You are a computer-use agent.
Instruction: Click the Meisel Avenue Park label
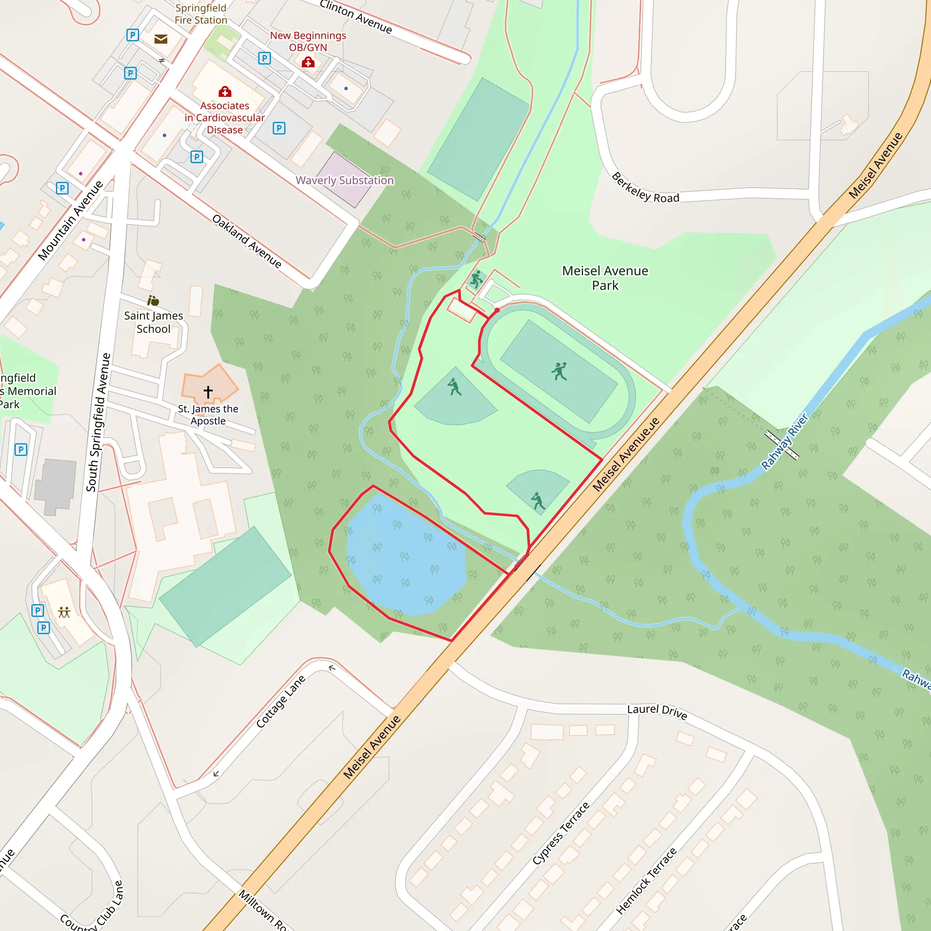605,278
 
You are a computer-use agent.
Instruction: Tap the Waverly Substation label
345,180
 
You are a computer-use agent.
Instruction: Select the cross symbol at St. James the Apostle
208,392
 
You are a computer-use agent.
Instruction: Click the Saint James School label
153,322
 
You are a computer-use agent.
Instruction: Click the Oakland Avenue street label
247,241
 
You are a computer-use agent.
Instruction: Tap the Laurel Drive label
657,711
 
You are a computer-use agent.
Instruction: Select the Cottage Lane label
280,701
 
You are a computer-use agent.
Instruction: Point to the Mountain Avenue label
70,220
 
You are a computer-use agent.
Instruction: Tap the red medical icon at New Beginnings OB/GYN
308,62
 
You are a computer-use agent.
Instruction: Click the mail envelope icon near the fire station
161,39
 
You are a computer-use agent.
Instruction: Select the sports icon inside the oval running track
559,371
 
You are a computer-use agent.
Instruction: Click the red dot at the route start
497,310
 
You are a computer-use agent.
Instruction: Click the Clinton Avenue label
355,16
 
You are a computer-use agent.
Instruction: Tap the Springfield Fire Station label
200,14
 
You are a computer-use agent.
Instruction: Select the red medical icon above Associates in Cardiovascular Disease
225,91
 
